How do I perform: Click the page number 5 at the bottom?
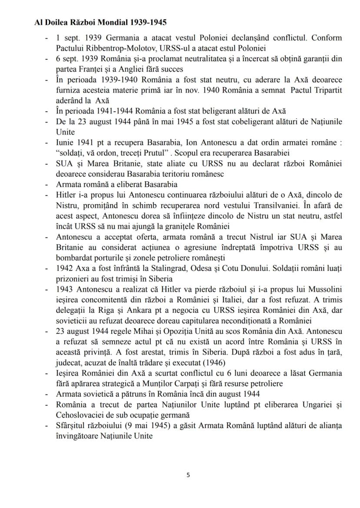pyautogui.click(x=188, y=475)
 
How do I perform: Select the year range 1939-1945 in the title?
pyautogui.click(x=148, y=22)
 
